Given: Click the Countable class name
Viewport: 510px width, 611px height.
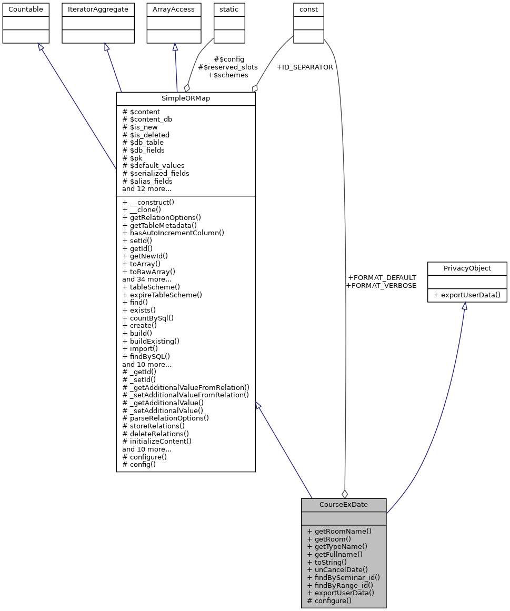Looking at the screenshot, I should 26,9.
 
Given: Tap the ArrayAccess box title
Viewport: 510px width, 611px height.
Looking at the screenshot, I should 174,9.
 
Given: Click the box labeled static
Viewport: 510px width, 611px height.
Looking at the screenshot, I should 229,9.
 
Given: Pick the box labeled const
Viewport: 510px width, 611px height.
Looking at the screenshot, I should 308,9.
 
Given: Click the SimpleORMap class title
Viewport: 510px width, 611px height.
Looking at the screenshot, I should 185,99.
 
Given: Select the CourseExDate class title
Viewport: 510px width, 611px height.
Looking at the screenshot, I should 343,505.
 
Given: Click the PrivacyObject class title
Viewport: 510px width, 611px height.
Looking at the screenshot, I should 467,268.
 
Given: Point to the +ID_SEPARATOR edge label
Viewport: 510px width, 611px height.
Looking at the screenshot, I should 304,67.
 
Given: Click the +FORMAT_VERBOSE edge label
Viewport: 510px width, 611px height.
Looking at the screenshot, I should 381,285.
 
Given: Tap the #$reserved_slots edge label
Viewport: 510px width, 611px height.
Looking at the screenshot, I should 227,67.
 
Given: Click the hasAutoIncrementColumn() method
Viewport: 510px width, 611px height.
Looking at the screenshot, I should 173,233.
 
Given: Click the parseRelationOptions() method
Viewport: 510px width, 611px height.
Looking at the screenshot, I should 165,418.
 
